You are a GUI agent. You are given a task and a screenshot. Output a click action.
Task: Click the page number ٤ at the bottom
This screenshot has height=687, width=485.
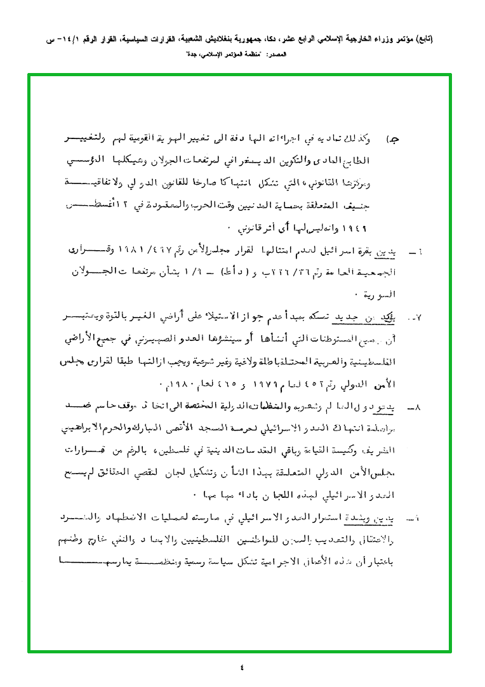[242, 667]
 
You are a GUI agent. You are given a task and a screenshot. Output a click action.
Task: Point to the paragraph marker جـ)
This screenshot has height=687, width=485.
[394, 138]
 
